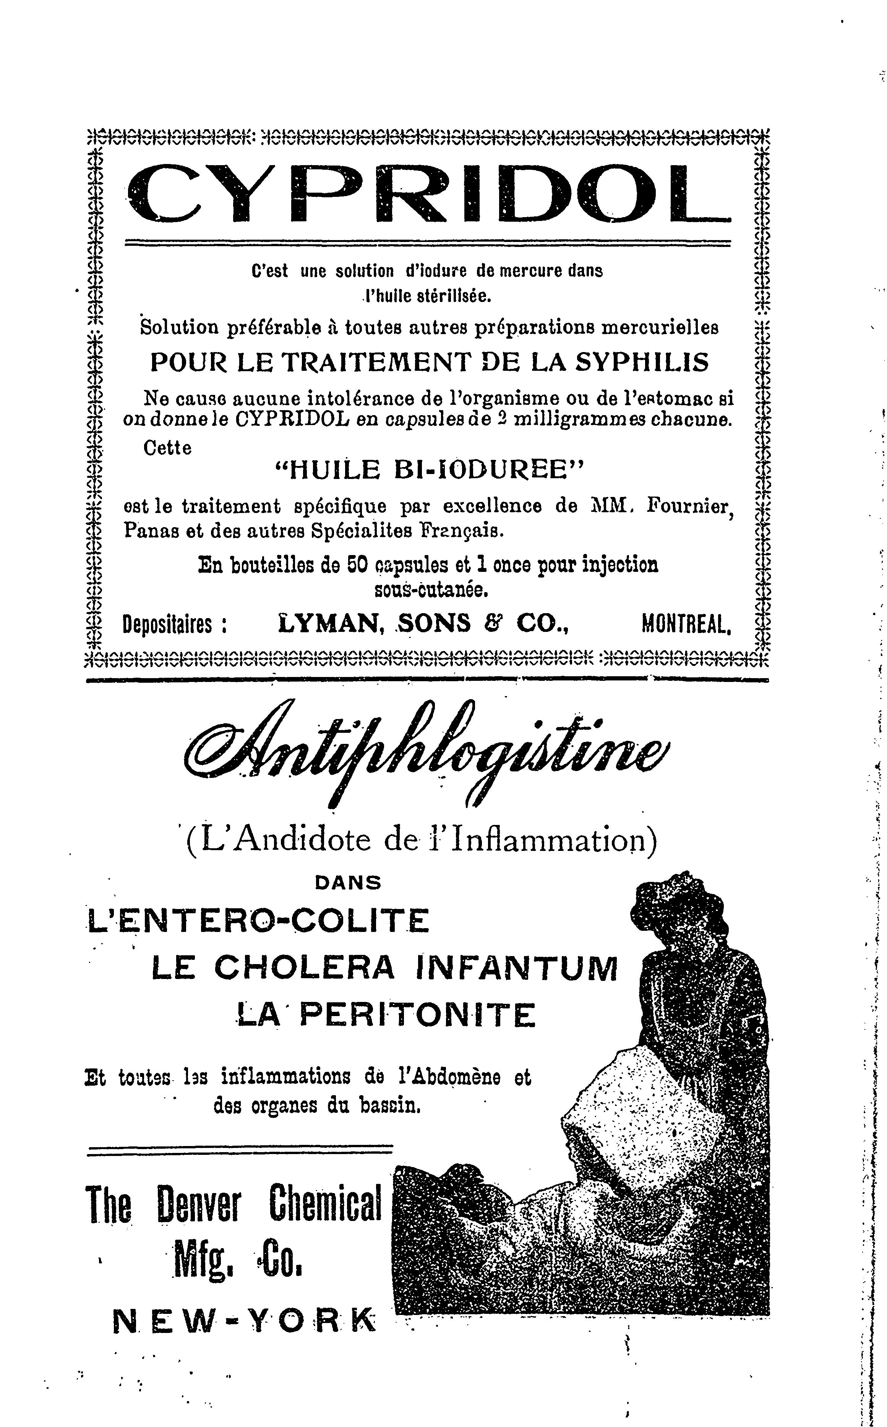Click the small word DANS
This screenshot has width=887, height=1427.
pyautogui.click(x=348, y=883)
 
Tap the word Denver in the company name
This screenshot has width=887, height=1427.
pyautogui.click(x=199, y=1203)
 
